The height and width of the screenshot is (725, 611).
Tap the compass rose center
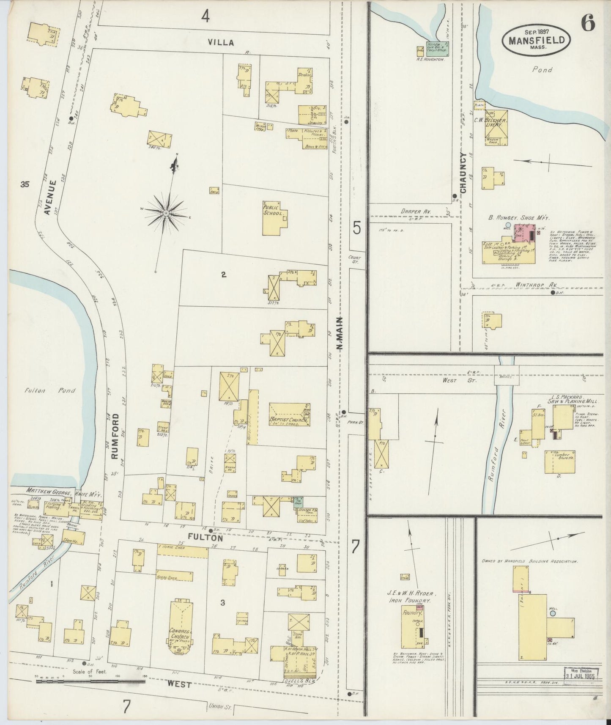coord(167,213)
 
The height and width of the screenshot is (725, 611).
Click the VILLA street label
coord(221,42)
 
